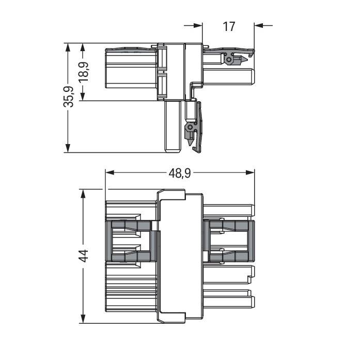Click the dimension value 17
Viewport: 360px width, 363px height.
229,25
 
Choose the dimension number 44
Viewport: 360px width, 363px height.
83,256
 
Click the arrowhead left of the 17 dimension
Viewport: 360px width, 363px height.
198,25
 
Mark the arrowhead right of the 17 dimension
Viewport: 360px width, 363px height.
259,25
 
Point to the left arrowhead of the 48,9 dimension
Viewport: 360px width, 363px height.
109,172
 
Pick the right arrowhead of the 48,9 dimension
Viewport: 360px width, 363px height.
251,172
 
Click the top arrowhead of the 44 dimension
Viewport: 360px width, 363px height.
82,193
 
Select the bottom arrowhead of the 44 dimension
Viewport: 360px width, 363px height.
82,320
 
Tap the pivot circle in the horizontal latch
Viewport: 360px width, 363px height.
229,60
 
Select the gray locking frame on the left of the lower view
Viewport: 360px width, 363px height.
132,240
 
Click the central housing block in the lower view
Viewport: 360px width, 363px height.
181,256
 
